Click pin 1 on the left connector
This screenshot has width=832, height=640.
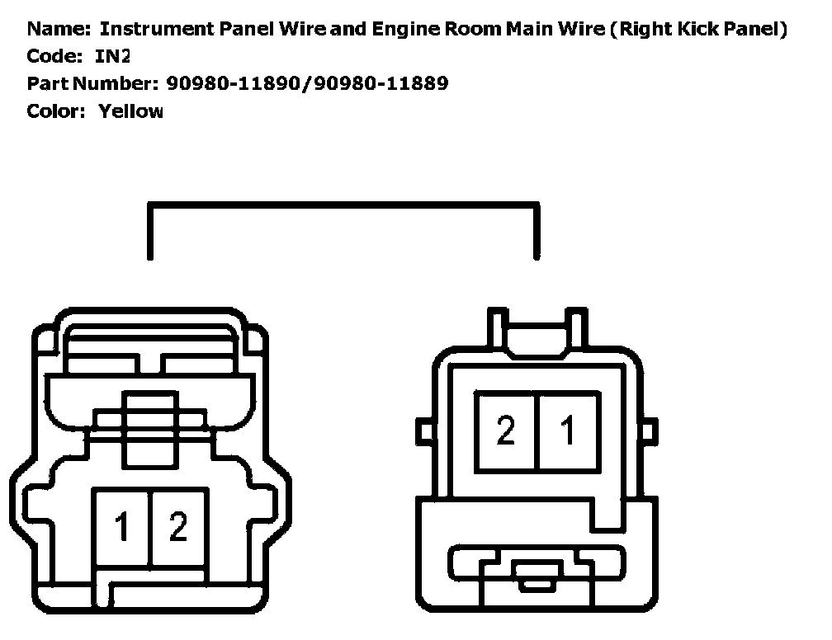[122, 526]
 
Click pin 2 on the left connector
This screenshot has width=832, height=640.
[177, 526]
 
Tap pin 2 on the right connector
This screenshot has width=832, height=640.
[505, 431]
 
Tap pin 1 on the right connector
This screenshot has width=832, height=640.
[568, 431]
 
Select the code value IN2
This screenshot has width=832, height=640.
[114, 56]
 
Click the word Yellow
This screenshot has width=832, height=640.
[130, 111]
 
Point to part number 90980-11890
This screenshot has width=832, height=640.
[234, 83]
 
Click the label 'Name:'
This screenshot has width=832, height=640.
[58, 30]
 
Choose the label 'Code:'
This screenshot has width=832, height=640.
[55, 56]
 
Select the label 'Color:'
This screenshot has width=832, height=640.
[56, 111]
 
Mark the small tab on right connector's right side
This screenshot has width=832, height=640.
[649, 431]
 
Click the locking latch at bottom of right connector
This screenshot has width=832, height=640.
[535, 569]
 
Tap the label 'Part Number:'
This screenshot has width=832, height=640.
[91, 83]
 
